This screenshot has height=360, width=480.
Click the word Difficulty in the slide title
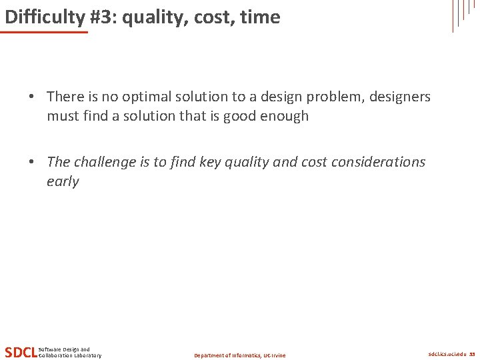click(35, 17)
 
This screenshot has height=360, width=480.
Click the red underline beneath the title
click(45, 32)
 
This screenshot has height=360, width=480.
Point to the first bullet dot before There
click(32, 97)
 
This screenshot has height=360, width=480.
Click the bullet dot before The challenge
click(32, 163)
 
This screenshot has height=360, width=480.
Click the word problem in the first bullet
click(331, 97)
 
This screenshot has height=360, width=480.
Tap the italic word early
click(63, 181)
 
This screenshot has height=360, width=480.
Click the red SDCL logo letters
click(21, 352)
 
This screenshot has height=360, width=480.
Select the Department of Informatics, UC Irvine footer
click(239, 355)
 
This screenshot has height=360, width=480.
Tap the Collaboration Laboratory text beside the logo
click(71, 355)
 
